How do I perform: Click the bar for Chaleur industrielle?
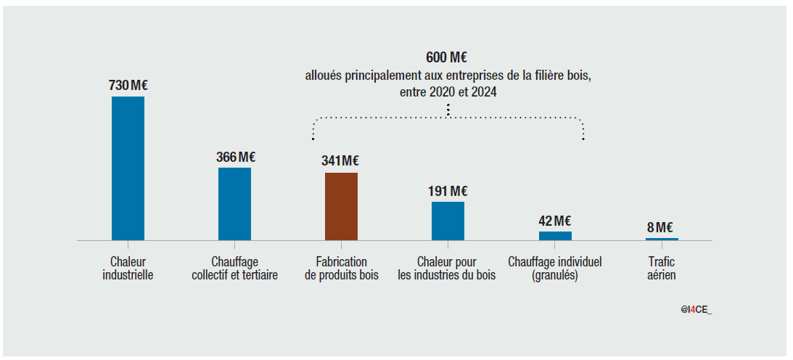click(128, 168)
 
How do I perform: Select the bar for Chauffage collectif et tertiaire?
click(234, 203)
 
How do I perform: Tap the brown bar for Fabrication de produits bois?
click(341, 206)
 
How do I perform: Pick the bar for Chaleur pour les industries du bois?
click(448, 221)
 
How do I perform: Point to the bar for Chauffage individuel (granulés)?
click(555, 235)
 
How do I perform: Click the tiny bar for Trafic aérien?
click(662, 239)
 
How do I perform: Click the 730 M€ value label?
click(128, 86)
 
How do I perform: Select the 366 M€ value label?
click(236, 157)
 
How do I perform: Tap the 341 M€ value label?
click(340, 161)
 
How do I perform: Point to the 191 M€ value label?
click(448, 191)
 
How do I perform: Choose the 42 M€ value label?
click(555, 221)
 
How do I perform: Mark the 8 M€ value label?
click(662, 228)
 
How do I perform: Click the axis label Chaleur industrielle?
click(128, 268)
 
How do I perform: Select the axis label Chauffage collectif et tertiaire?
click(234, 268)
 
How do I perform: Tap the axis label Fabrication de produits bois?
click(341, 268)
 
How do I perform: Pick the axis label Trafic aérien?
click(662, 268)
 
